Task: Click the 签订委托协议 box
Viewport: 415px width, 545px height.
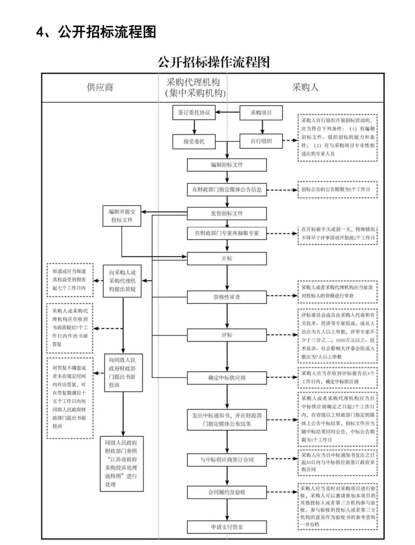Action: coord(194,113)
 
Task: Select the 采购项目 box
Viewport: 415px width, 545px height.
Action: coord(261,113)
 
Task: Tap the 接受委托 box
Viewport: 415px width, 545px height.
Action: coord(194,141)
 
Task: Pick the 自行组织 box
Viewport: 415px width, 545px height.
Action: coord(261,141)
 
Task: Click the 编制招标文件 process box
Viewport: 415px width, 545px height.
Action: coord(227,165)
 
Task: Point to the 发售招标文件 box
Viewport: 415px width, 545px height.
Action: coord(227,213)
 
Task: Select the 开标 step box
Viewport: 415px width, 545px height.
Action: coord(227,259)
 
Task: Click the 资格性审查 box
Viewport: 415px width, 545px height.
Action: coord(227,297)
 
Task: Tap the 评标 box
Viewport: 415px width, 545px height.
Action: coord(227,335)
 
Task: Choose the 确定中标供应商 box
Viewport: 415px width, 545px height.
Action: coord(227,378)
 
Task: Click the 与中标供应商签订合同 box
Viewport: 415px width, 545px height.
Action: coord(227,460)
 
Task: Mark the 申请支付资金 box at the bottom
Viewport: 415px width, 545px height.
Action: coord(227,527)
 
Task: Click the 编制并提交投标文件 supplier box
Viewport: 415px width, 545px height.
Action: coord(122,216)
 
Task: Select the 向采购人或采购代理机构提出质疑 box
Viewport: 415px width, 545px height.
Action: coord(122,281)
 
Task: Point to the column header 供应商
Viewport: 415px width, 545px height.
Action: coord(100,87)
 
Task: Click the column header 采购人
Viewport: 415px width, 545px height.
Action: coord(305,87)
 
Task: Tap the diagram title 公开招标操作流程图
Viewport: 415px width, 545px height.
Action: coord(214,62)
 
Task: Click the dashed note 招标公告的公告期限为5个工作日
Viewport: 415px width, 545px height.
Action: coord(337,189)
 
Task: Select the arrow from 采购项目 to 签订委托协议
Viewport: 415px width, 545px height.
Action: coord(227,113)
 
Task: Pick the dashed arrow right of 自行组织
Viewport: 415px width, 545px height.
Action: coord(290,141)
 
